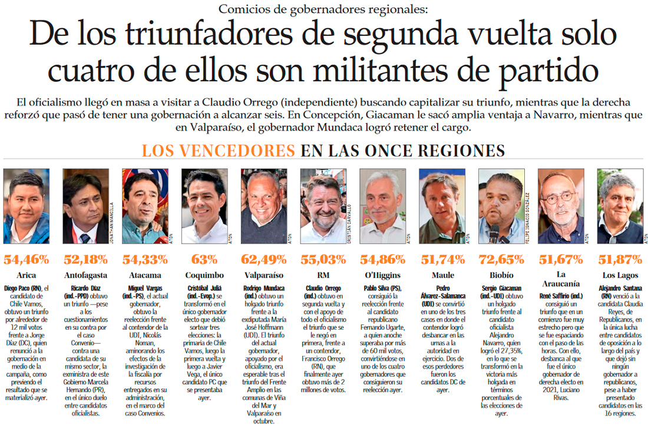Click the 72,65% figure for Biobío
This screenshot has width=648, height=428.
click(501, 260)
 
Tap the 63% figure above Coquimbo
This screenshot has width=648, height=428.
click(204, 260)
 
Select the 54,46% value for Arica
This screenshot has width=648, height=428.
click(27, 260)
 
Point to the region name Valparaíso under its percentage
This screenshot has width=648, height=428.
click(264, 276)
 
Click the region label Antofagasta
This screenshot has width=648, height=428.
click(85, 276)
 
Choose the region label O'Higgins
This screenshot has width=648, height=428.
click(382, 276)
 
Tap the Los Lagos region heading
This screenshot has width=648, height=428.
click(620, 276)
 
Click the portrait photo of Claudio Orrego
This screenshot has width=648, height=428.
click(322, 206)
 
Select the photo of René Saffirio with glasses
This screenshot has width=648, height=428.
click(560, 206)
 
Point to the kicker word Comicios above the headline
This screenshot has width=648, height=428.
click(242, 9)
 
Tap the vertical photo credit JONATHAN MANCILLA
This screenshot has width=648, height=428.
click(112, 221)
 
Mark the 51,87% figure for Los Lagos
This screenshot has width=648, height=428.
click(620, 260)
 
